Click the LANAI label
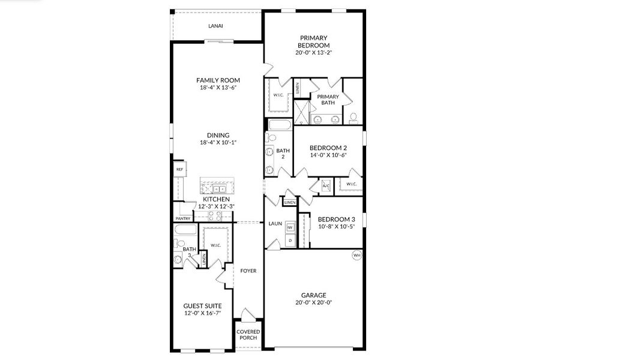point(215,26)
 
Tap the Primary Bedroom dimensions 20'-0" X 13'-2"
point(313,53)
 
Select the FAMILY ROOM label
point(218,80)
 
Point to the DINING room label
point(218,135)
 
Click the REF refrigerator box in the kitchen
point(179,170)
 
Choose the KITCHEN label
point(216,199)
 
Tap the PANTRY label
point(182,218)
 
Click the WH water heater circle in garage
point(357,255)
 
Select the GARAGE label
point(313,295)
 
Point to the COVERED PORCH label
point(248,335)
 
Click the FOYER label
point(248,271)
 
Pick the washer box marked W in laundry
point(290,227)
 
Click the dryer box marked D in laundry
point(290,241)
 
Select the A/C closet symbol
point(326,186)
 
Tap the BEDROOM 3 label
point(336,219)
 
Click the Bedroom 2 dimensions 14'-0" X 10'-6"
point(328,155)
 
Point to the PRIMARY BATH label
point(328,100)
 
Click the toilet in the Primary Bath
point(354,116)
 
